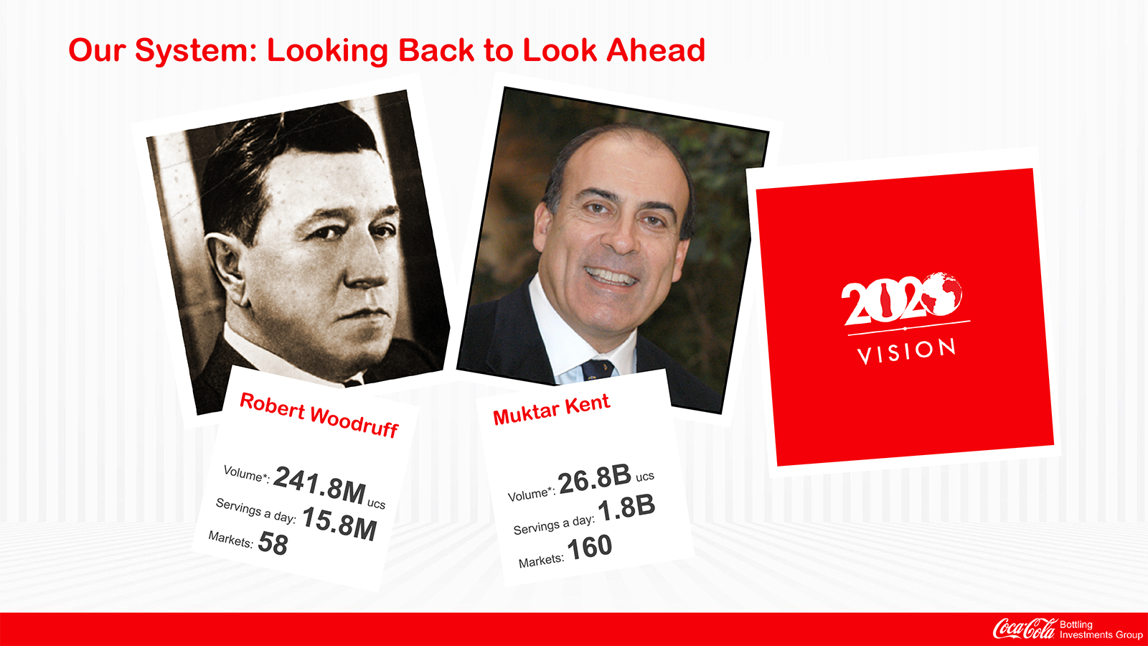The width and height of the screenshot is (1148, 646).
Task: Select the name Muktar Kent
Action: tap(552, 408)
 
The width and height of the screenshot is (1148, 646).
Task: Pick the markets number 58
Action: tap(273, 543)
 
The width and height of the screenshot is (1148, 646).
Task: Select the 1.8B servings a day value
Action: tap(626, 507)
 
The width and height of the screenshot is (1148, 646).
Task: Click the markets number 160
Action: tap(590, 547)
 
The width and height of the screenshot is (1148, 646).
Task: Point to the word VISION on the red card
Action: tap(906, 351)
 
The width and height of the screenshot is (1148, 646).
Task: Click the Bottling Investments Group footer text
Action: tap(1101, 629)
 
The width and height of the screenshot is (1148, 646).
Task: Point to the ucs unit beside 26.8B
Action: tap(645, 477)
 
